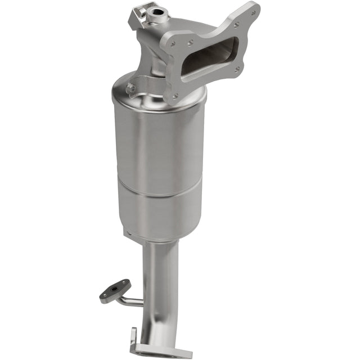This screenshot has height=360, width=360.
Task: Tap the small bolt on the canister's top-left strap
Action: (x=130, y=88)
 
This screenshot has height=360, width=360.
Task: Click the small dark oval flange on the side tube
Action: (x=115, y=291)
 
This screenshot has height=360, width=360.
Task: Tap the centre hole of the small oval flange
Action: (x=116, y=291)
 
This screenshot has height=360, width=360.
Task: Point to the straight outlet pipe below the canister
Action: (x=160, y=281)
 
